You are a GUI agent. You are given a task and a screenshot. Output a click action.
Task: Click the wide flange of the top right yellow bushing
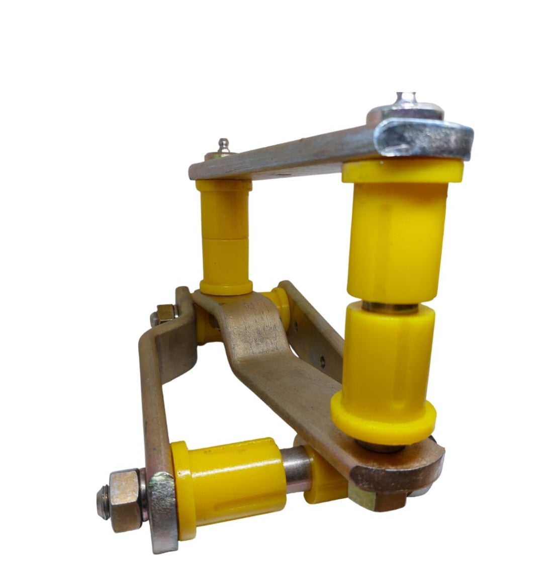pyautogui.click(x=402, y=172)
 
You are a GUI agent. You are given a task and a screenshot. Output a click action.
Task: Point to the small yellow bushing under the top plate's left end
pyautogui.click(x=226, y=236)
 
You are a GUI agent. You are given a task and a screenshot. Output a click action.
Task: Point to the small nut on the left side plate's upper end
pyautogui.click(x=164, y=315)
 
